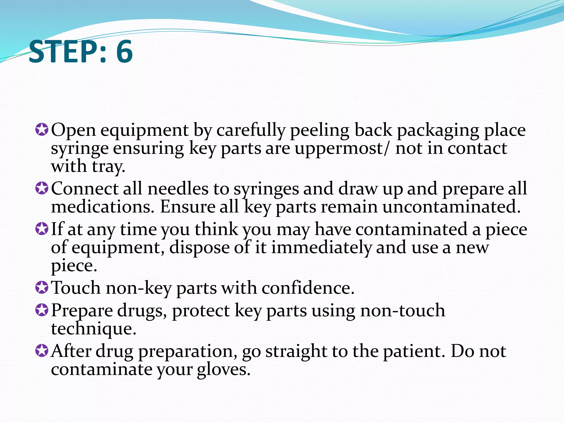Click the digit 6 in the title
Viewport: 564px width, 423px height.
pos(124,51)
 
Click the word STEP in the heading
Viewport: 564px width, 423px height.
pos(63,51)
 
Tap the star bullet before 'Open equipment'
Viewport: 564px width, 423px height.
pos(42,129)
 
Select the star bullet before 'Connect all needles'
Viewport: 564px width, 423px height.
pos(42,188)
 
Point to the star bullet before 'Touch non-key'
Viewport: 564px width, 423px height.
pos(42,288)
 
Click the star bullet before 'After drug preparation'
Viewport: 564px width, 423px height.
pos(42,351)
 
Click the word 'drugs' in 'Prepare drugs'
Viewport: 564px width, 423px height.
pos(142,311)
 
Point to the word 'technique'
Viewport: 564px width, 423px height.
pos(93,329)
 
